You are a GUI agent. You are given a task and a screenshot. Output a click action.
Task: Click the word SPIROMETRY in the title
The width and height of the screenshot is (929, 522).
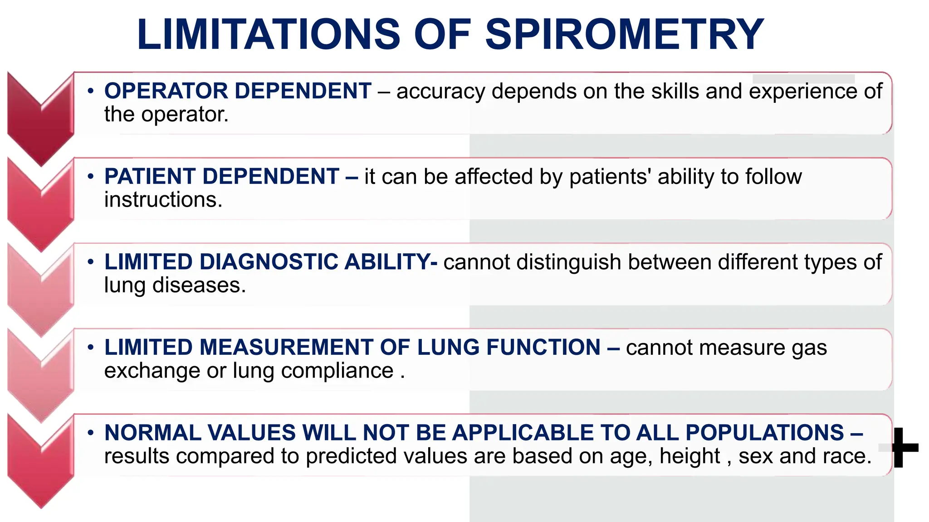click(625, 34)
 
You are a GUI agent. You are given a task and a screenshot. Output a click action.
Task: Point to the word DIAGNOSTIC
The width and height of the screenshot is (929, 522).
click(269, 262)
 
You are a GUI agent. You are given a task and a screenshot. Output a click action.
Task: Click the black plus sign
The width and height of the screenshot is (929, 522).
click(905, 447)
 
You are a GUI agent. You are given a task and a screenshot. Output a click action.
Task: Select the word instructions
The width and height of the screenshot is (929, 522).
click(163, 200)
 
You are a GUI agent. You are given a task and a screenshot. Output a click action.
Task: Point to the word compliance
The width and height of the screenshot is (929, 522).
click(337, 371)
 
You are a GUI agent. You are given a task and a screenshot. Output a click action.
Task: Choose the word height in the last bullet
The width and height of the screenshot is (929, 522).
click(689, 456)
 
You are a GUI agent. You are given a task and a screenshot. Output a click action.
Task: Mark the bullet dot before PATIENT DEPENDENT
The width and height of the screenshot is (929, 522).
click(91, 176)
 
